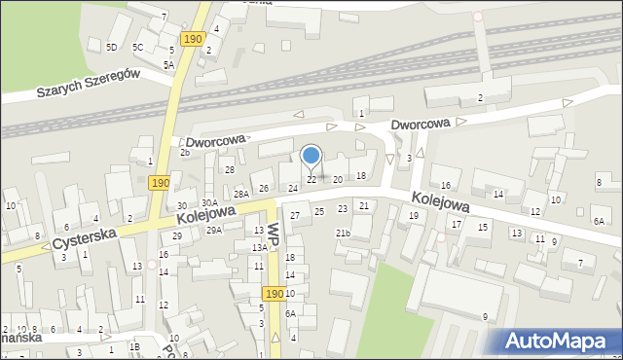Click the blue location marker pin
point(311,156)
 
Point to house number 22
point(311,180)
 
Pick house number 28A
point(240,195)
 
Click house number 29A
point(214,230)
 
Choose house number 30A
point(209,202)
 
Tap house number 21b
point(343,233)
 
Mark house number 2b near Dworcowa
point(184,153)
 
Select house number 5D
point(111,47)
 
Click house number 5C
point(138,47)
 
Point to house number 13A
point(259,248)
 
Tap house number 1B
point(135,347)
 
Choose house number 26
point(263,188)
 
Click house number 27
point(295,215)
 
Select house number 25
point(318,211)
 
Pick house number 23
point(342,209)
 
